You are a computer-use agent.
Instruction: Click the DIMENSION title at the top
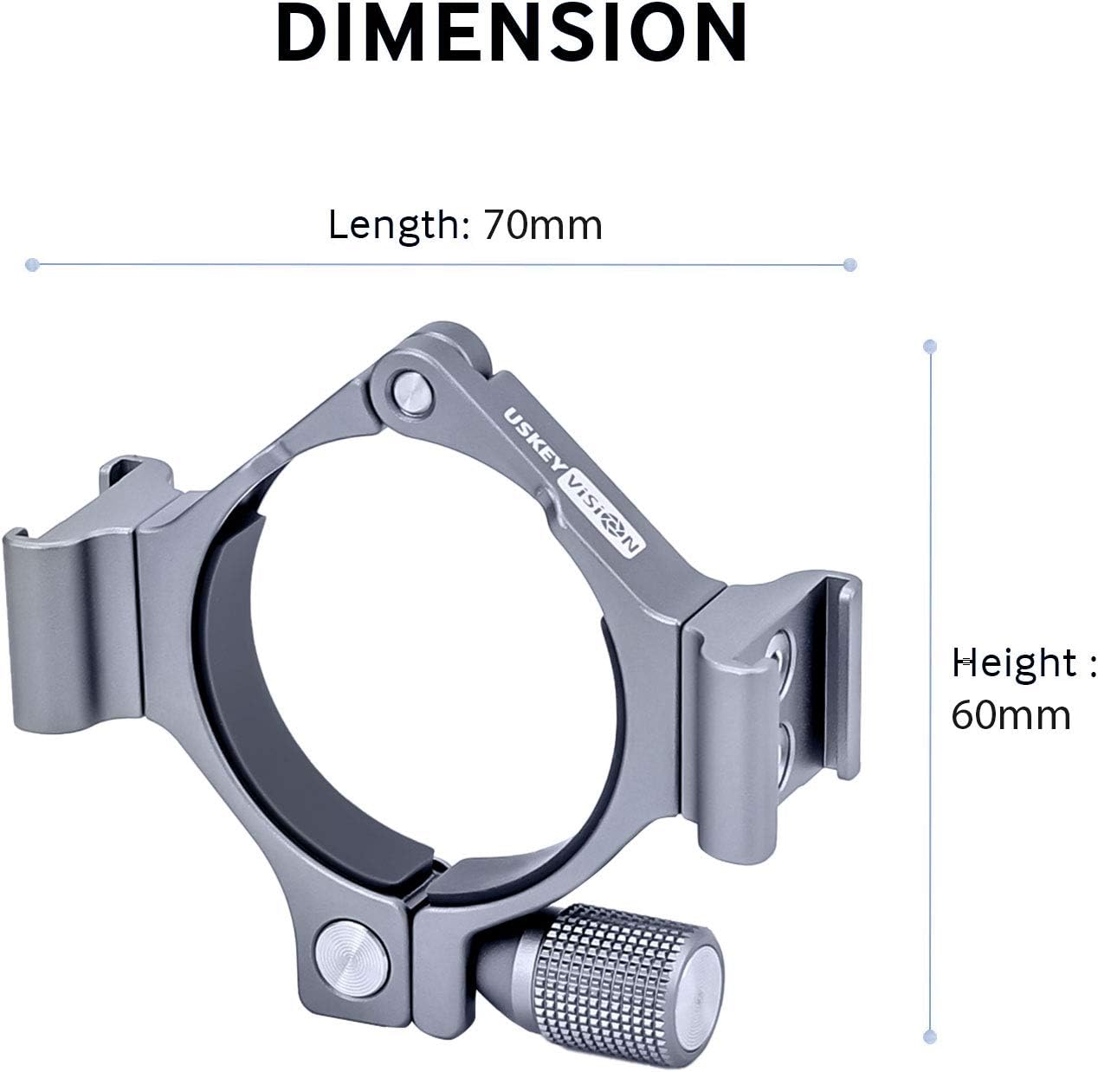512,32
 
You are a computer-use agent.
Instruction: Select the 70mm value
542,225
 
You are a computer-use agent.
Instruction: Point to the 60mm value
1011,716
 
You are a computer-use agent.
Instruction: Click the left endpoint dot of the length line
32,263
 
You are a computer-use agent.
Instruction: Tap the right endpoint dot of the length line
850,263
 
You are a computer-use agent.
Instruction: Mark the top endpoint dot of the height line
930,346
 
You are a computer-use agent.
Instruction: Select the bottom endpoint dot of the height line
930,1036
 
